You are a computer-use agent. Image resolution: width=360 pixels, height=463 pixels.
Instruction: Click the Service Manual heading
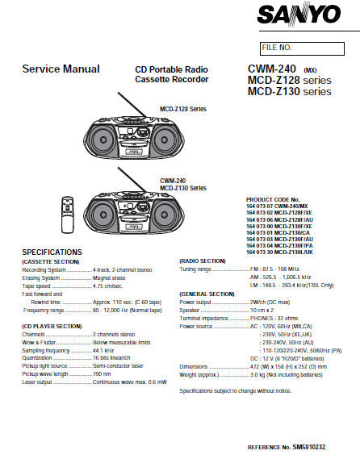tap(61, 69)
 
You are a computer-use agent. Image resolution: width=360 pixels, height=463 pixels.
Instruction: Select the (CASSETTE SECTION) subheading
tap(51, 262)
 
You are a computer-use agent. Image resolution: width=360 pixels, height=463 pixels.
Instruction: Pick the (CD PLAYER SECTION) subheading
tap(52, 325)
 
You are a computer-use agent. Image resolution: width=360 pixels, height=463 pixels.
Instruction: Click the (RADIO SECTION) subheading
tap(202, 261)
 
